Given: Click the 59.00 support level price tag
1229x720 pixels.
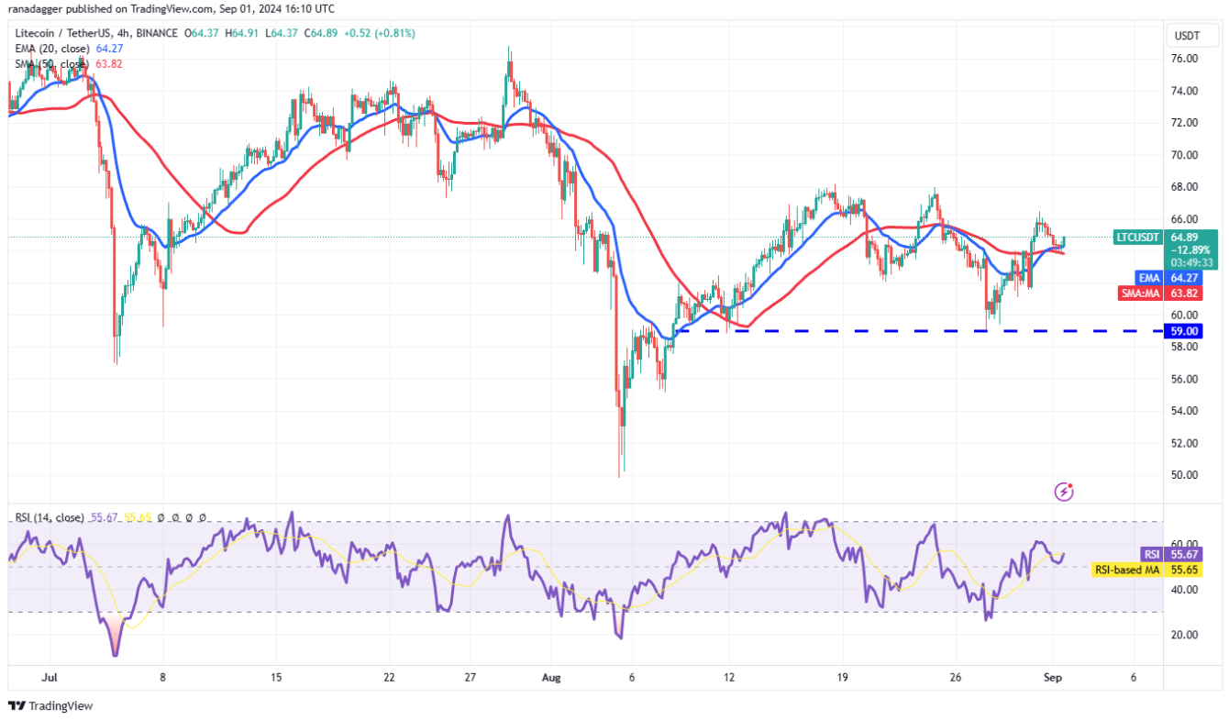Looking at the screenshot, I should click(x=1182, y=331).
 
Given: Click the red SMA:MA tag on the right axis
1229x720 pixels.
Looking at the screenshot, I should click(x=1142, y=294).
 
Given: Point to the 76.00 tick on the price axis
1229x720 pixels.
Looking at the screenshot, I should click(x=1184, y=59).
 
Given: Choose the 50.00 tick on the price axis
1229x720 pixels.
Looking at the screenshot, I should click(x=1184, y=475).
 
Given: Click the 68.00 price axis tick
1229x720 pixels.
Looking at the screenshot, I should click(x=1184, y=187).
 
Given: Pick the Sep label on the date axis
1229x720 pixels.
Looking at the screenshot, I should click(x=1055, y=678).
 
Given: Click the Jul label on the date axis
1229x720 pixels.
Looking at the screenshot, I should click(x=50, y=678).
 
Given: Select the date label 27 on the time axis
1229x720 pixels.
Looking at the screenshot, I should click(x=471, y=678).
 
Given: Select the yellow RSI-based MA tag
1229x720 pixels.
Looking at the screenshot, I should click(x=1127, y=570).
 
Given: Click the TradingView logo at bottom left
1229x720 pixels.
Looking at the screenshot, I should click(x=50, y=706).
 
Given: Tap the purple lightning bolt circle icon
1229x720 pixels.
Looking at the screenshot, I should click(x=1064, y=493).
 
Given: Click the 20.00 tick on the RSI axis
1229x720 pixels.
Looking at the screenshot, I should click(x=1184, y=635).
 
